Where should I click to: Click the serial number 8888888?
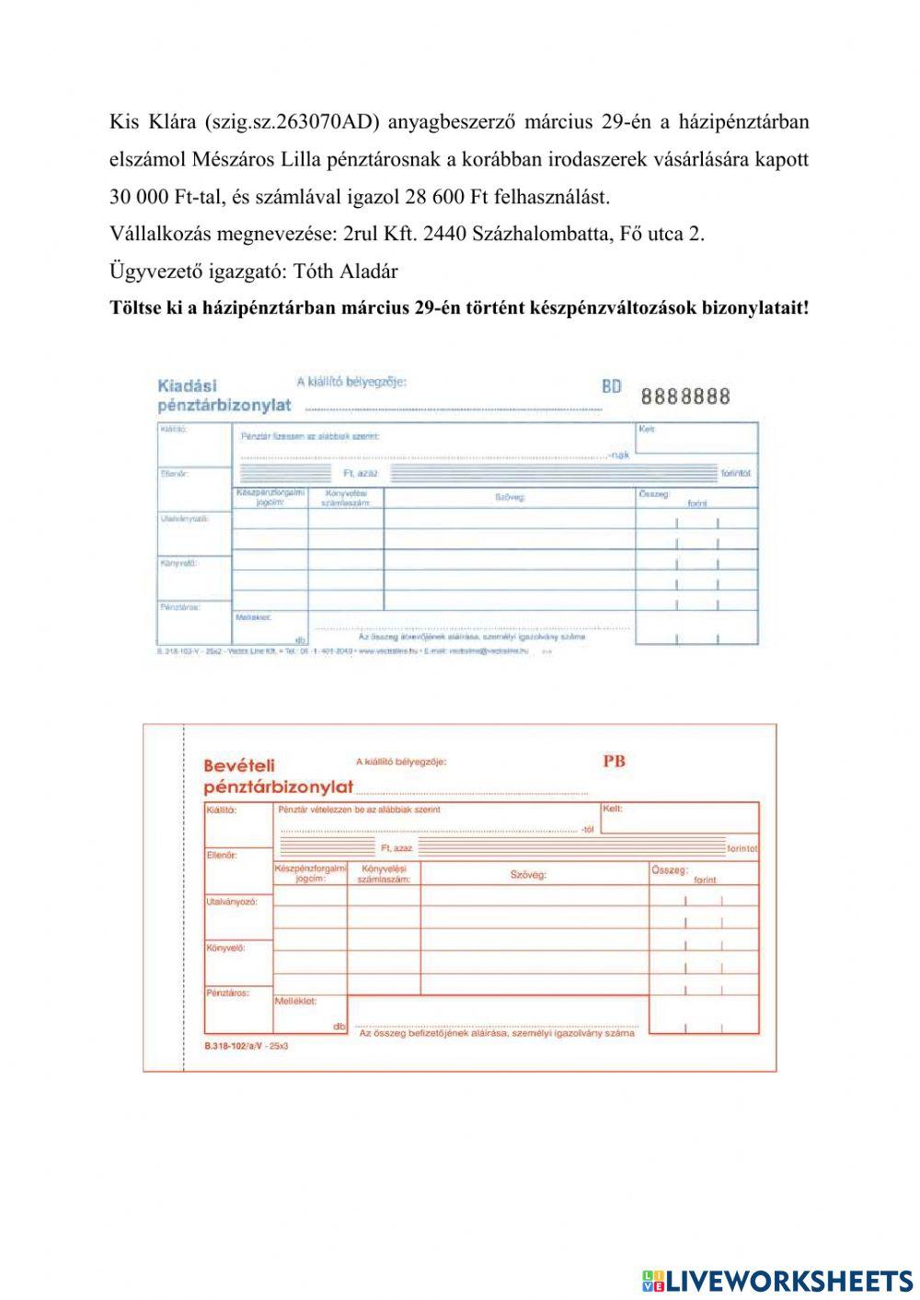pos(685,397)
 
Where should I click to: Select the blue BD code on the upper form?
pos(612,386)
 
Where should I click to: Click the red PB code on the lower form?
pos(614,761)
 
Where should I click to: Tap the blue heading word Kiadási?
pos(188,385)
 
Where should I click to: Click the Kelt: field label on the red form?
pos(613,809)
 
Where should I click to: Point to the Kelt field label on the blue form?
pos(646,429)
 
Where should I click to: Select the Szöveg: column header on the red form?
pos(528,874)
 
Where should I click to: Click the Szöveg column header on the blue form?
pos(510,497)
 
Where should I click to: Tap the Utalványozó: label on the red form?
pos(232,902)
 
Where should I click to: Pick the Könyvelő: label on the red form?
pos(226,947)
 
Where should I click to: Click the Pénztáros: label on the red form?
pos(227,993)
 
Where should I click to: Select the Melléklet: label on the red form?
pos(296,1001)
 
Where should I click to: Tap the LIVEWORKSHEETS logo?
pos(776,1280)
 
